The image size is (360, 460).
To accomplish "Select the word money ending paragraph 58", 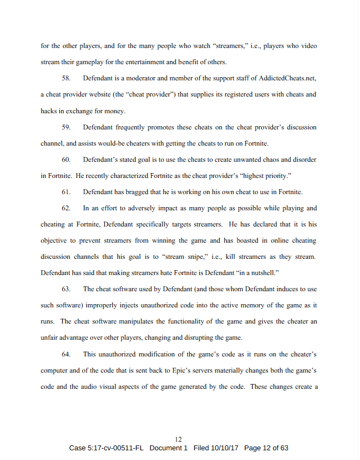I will click(114, 111).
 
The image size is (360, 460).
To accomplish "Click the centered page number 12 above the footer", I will click(179, 440).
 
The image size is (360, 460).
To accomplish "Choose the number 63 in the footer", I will click(283, 449).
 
